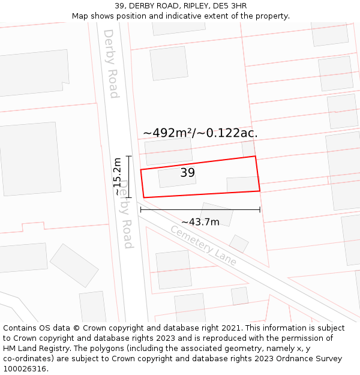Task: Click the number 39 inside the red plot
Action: pos(187,173)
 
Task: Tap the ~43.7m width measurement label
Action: pos(200,222)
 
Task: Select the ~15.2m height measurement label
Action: pos(118,176)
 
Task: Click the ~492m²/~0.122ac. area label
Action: pos(200,133)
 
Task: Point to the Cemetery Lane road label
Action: pos(203,245)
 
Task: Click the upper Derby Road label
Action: pos(111,64)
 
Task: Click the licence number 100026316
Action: pos(25,369)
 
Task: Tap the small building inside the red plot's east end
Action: pos(242,184)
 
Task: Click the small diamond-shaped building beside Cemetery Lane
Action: pos(239,244)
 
